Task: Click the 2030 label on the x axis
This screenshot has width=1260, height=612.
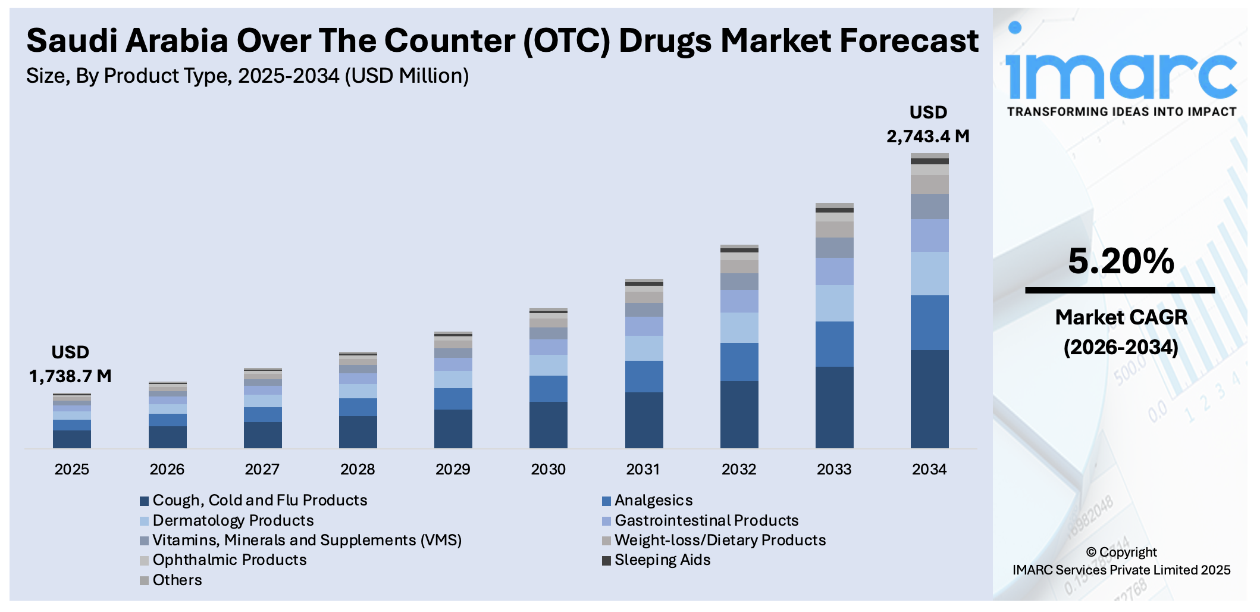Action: point(548,469)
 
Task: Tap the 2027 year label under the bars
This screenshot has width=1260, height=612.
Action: point(262,469)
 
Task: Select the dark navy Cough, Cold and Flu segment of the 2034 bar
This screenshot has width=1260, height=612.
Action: point(929,399)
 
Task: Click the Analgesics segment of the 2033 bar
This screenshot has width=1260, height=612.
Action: point(834,344)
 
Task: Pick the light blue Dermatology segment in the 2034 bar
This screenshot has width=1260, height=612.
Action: point(929,273)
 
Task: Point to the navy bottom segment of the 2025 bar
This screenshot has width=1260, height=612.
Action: point(72,439)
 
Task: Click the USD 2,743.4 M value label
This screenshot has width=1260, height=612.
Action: point(928,124)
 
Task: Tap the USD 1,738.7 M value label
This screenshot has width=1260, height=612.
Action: point(70,364)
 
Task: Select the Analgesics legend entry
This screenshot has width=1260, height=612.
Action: point(653,501)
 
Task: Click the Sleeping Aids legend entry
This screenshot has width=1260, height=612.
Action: point(662,560)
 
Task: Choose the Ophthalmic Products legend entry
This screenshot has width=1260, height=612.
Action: point(229,560)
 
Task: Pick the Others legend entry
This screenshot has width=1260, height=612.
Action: point(177,580)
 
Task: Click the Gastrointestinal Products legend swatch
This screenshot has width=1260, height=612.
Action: point(606,522)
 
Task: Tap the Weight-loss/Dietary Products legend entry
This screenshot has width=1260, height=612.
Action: point(720,541)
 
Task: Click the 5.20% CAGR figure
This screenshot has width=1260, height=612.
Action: point(1121,261)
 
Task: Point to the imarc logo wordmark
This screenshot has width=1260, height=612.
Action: point(1121,74)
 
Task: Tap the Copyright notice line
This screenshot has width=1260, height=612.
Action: point(1121,552)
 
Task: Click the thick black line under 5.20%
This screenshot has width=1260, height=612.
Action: point(1120,291)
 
